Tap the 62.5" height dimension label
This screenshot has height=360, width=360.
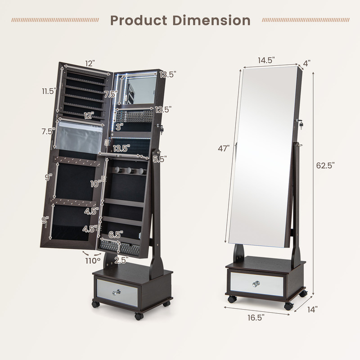[325, 166]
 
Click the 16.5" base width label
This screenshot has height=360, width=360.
[255, 317]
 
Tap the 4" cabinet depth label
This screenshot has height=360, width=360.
[307, 63]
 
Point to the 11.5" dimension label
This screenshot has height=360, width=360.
[49, 91]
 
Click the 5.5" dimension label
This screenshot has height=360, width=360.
[160, 159]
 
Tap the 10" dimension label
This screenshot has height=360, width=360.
[96, 183]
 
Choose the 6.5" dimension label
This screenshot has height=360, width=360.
[117, 234]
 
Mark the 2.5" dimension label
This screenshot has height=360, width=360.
[121, 260]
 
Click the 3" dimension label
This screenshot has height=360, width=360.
[119, 127]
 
